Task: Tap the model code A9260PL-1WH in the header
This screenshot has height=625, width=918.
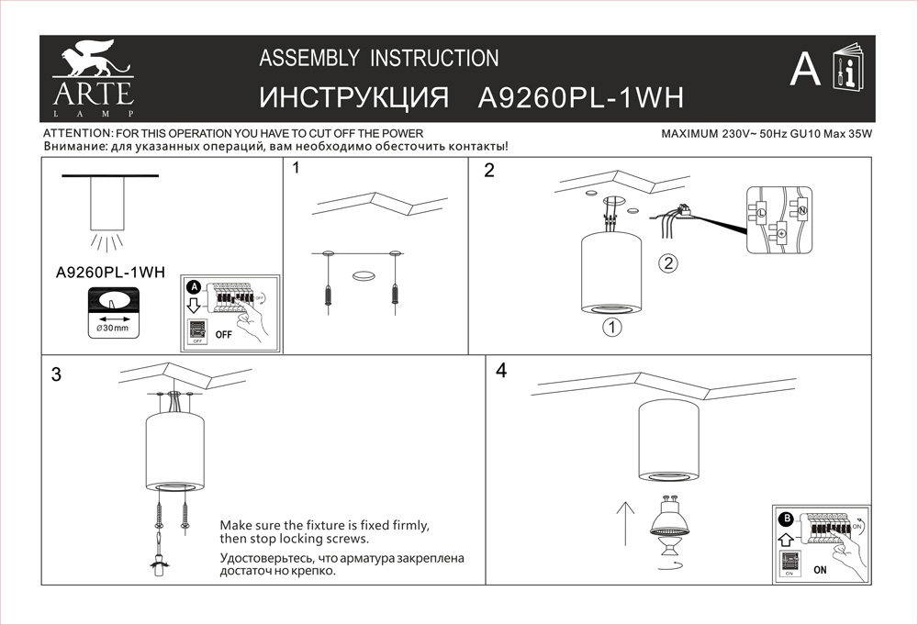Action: coord(582,98)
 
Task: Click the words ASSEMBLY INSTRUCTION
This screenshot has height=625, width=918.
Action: coord(379,59)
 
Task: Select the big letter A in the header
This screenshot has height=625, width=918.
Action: coord(804,69)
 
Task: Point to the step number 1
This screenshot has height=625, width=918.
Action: coord(297,169)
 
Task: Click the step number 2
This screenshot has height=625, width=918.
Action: coord(489,170)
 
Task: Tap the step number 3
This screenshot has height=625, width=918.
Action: coord(57,374)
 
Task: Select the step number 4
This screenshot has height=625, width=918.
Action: coord(500,371)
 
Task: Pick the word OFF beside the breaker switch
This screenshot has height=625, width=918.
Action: coord(224,335)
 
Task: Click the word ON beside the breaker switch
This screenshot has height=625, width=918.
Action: coord(820,569)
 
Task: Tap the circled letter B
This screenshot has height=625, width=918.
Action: coord(785,519)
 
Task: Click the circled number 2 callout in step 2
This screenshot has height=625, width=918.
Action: coord(668,263)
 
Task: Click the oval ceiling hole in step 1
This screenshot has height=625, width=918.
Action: coord(364,273)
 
